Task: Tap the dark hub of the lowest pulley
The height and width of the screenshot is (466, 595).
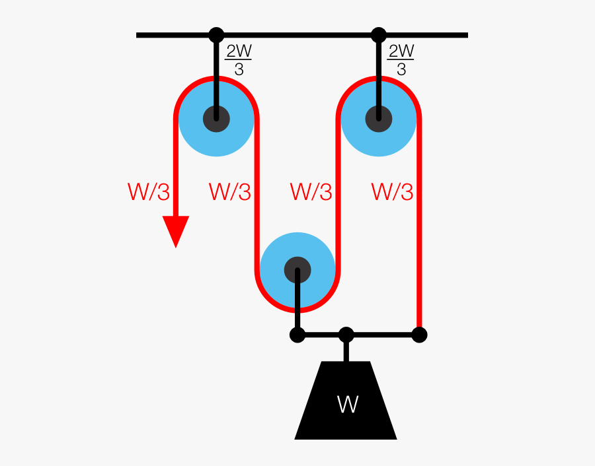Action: point(297,270)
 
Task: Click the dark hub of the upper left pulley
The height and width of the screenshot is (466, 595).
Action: point(216,119)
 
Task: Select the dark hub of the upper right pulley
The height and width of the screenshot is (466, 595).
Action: point(379,119)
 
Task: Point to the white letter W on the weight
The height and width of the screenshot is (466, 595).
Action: point(347,405)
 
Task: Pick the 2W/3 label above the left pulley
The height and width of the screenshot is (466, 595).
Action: point(239,60)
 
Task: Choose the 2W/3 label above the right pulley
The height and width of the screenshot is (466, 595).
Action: point(401,60)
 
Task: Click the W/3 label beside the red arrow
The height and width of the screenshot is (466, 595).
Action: point(148,192)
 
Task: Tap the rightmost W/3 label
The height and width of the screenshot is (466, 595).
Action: point(392,192)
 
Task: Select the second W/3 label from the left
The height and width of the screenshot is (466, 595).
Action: point(229,192)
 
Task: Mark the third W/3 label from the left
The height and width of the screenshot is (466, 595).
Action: point(311,192)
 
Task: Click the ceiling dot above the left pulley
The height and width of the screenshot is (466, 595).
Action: point(216,35)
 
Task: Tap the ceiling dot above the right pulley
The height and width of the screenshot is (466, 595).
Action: point(379,35)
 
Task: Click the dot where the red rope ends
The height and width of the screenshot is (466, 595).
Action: point(419,335)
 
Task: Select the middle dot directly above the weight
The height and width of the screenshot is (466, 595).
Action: point(346,335)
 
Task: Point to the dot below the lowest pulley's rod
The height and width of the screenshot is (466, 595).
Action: point(297,335)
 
